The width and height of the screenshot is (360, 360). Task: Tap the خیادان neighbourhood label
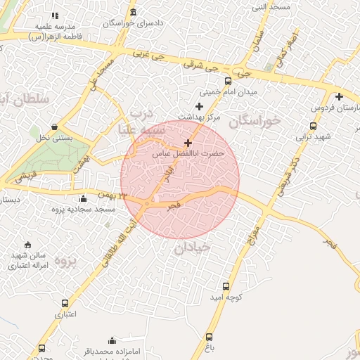point(192,247)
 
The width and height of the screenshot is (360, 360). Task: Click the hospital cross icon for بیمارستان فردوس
point(339,96)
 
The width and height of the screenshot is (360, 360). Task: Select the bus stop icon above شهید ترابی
point(313,127)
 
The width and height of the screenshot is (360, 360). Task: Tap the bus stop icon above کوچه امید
point(226,286)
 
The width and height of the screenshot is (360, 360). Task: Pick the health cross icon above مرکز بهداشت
point(199,105)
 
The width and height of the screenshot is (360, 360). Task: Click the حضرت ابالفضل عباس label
point(188,153)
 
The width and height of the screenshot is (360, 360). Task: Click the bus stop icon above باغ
point(209,337)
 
